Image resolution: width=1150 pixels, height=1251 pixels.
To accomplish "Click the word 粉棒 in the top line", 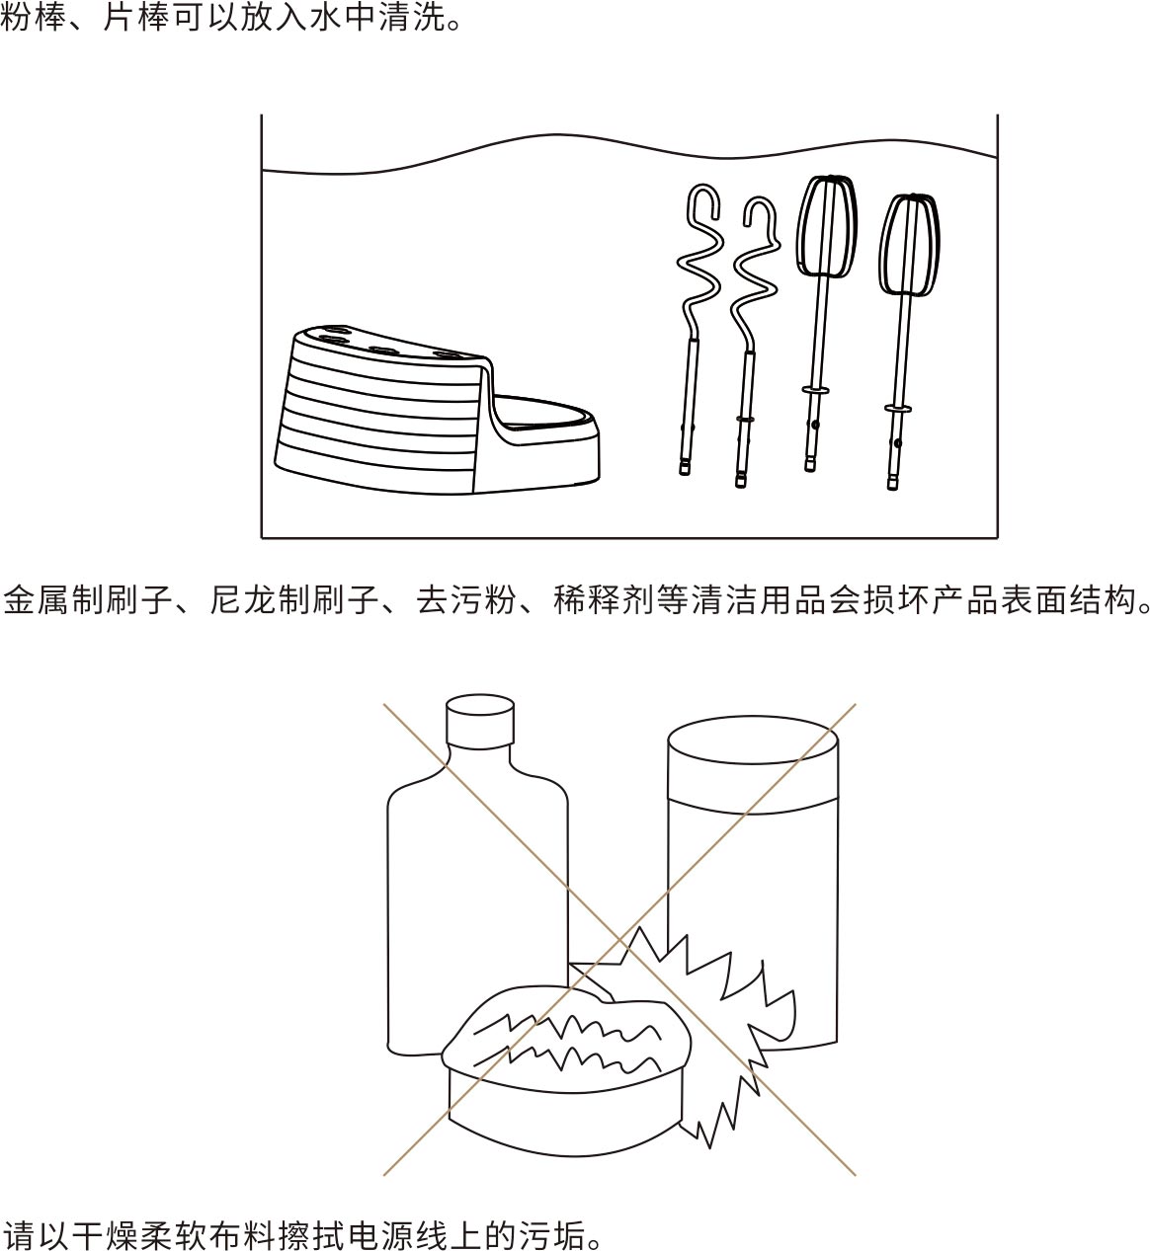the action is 33,18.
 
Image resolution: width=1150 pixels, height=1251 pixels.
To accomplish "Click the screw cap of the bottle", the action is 480,722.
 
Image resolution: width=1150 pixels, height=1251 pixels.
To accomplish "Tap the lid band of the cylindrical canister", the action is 753,765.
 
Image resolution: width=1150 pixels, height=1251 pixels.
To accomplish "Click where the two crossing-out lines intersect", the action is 619,940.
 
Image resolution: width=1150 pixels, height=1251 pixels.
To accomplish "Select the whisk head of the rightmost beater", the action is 910,245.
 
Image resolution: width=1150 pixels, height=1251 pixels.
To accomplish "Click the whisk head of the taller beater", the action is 827,226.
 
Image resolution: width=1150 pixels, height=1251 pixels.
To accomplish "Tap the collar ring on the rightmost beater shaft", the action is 898,409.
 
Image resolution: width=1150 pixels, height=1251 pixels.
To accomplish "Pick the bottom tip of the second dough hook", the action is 741,484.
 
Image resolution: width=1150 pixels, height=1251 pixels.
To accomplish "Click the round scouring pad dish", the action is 566,1071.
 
